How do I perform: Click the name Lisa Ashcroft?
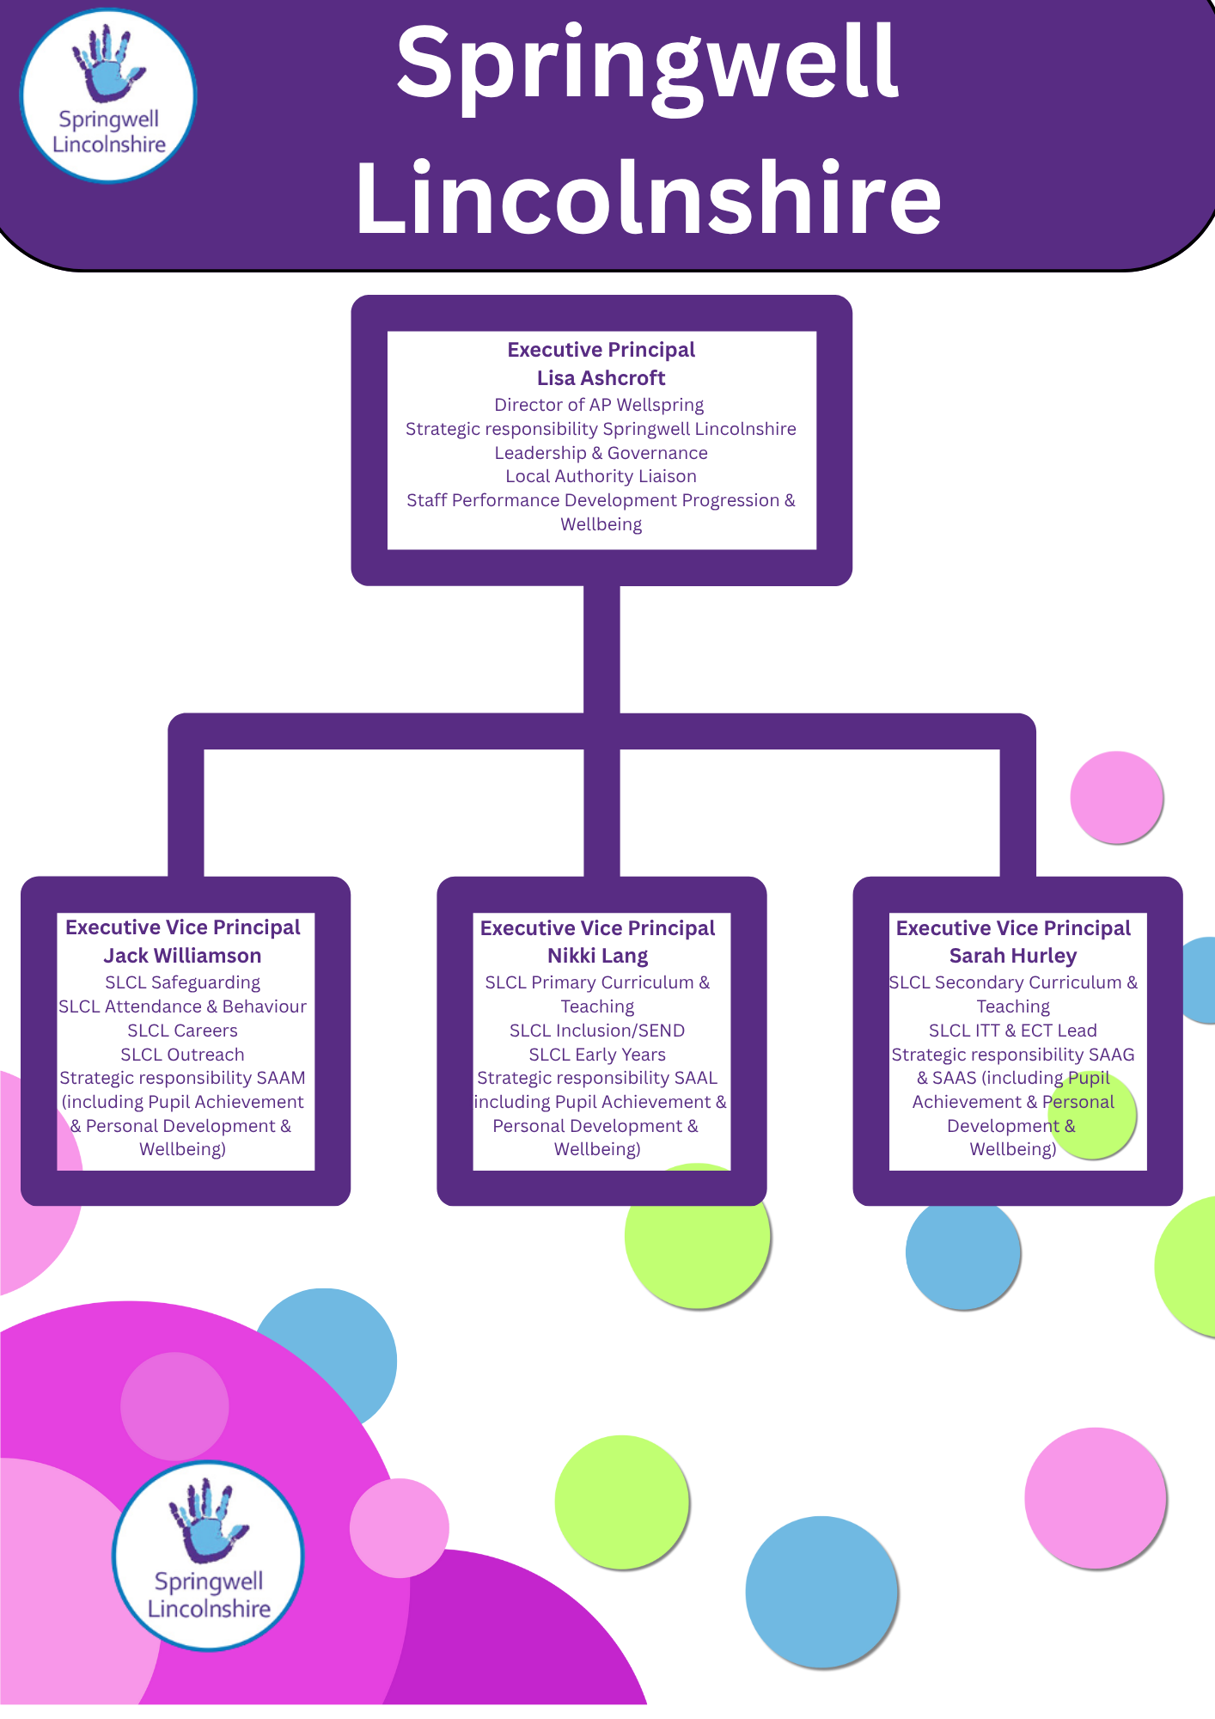[x=601, y=378]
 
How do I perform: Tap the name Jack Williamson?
[x=182, y=956]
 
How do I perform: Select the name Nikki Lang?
[x=597, y=956]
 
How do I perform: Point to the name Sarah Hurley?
[x=1012, y=956]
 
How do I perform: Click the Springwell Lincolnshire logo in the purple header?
[x=108, y=95]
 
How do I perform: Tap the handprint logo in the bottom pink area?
[x=208, y=1556]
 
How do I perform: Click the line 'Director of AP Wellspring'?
[x=599, y=405]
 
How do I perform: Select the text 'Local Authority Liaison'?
[x=601, y=476]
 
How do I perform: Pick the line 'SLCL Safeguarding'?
[x=182, y=982]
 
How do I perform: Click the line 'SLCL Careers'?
[x=182, y=1031]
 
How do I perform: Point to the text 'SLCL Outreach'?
[x=182, y=1055]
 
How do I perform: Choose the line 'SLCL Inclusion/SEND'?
[x=597, y=1031]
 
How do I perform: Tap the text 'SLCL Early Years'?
[x=597, y=1055]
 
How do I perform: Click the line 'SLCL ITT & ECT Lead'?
[x=1012, y=1031]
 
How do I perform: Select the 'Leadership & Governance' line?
[x=601, y=453]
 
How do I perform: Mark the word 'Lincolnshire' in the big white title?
[x=649, y=198]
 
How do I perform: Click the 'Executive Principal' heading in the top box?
[x=601, y=350]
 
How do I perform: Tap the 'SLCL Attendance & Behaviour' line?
[x=182, y=1006]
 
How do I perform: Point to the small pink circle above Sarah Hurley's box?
[x=1116, y=797]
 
